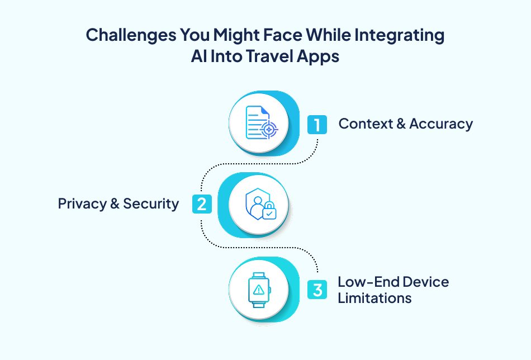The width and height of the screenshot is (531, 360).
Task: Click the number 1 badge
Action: point(317,124)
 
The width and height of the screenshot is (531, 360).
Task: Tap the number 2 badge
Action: point(202,203)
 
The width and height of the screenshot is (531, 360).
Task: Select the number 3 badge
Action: point(317,290)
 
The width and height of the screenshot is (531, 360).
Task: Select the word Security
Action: point(151,203)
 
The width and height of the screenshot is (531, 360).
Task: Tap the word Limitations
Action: point(374,298)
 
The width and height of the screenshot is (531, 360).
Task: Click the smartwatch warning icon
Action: point(259,290)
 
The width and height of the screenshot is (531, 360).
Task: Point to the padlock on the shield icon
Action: point(269,212)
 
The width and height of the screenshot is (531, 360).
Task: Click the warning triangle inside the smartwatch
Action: point(259,290)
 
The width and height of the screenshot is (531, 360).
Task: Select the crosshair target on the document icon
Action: point(269,130)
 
